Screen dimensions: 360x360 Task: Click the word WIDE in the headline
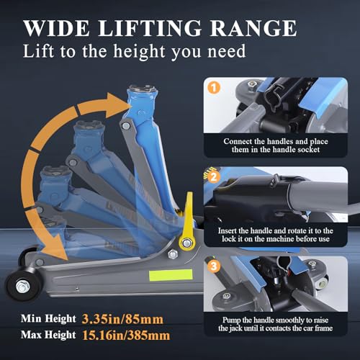click(x=56, y=28)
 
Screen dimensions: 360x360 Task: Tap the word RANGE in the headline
click(x=253, y=28)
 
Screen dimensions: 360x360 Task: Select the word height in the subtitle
click(x=140, y=51)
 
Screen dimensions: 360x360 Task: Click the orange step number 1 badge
click(x=214, y=88)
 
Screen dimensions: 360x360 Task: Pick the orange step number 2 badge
click(x=214, y=177)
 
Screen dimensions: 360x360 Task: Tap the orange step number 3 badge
click(x=214, y=266)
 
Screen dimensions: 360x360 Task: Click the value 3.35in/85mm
click(x=122, y=319)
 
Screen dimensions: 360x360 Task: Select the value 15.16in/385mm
click(x=126, y=336)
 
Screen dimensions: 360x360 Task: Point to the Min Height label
click(x=48, y=319)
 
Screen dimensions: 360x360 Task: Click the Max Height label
click(x=48, y=335)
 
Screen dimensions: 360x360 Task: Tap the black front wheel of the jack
click(x=22, y=286)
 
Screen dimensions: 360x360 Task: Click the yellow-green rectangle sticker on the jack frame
click(x=171, y=275)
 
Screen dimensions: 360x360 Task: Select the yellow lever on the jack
click(x=187, y=222)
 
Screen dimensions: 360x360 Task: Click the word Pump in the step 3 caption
click(x=231, y=320)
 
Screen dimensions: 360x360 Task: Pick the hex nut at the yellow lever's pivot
click(x=186, y=243)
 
